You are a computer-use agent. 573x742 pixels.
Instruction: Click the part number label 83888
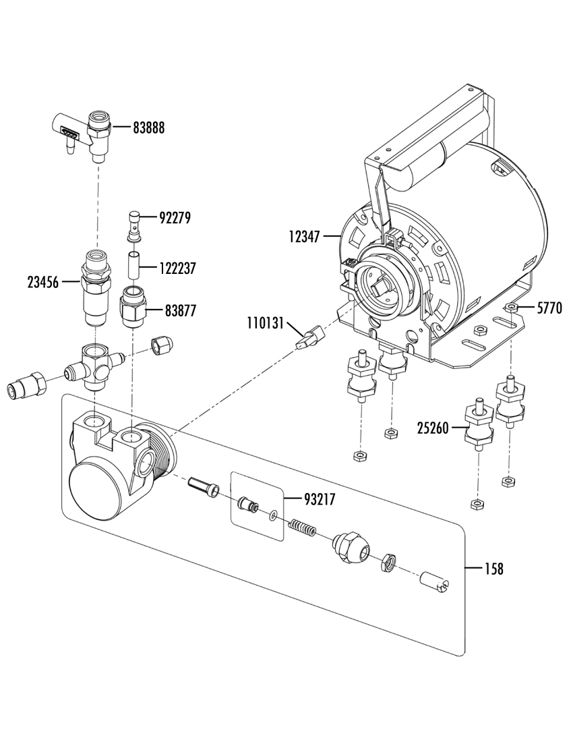(148, 127)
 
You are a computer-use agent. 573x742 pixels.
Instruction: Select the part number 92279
(175, 218)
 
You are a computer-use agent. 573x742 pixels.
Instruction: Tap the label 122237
(177, 268)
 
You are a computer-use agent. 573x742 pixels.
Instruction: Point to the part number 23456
(43, 283)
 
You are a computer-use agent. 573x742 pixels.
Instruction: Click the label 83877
(180, 311)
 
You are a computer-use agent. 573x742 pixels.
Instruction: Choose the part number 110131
(265, 324)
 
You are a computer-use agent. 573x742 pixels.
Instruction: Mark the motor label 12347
(305, 236)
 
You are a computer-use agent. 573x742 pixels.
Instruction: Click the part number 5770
(549, 308)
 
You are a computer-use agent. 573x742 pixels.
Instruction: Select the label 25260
(433, 429)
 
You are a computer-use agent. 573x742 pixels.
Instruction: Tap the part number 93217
(320, 499)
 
